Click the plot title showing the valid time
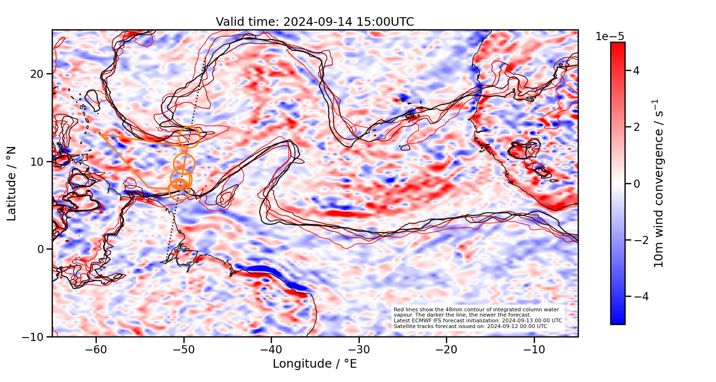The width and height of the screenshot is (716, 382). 315,22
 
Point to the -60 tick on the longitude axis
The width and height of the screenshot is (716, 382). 96,350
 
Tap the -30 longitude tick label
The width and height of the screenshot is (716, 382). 359,350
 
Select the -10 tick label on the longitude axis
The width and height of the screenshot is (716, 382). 534,350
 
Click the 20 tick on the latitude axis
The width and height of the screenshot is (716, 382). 38,74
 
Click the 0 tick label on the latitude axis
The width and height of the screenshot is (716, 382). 41,249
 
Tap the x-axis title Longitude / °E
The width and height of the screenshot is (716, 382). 315,364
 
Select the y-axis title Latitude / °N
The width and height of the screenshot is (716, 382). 12,183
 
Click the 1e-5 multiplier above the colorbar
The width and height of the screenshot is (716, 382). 610,37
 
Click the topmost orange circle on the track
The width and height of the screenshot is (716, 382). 189,137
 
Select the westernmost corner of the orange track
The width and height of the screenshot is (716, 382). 100,134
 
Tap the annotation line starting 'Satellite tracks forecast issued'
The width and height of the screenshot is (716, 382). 470,326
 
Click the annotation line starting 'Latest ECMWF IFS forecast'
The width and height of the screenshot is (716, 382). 477,320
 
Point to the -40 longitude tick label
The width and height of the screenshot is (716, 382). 271,350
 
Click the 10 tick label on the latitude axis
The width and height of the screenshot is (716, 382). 38,161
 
